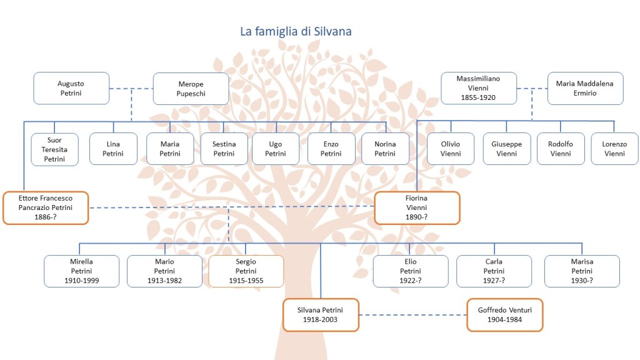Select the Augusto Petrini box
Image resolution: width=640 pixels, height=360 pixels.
71,88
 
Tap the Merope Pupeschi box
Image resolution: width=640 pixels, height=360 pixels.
191,88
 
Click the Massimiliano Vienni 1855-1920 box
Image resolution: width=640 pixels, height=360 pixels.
479,88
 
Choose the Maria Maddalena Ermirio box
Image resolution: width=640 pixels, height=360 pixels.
585,88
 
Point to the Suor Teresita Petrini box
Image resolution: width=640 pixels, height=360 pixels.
54,149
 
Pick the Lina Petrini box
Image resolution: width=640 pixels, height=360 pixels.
113,149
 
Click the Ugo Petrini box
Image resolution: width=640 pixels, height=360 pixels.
276,149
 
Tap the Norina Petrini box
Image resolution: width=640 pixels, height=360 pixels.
385,149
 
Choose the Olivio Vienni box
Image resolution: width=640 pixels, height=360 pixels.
450,149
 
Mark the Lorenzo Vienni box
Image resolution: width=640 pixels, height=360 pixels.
614,149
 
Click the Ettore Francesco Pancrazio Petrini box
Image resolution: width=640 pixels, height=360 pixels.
46,207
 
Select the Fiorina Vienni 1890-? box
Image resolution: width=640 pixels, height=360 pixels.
417,207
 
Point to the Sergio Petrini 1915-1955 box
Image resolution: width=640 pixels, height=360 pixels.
246,271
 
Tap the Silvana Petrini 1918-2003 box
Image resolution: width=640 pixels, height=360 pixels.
321,314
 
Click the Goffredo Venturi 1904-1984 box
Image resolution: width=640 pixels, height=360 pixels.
505,314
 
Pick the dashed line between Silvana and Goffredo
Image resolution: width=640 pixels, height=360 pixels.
413,314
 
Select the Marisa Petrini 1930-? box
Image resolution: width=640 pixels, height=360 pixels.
582,271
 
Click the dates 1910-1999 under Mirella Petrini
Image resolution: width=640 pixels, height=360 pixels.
81,281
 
